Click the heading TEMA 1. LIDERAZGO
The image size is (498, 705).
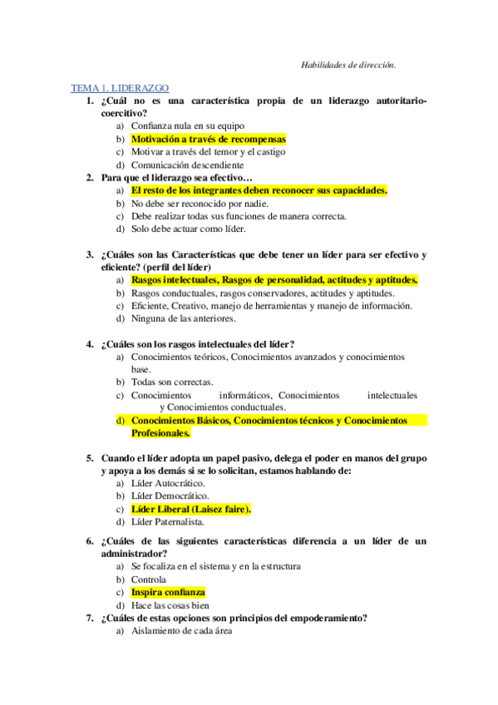pyautogui.click(x=121, y=87)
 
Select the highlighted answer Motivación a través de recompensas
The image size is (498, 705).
pyautogui.click(x=208, y=139)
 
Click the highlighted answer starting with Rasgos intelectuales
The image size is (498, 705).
pyautogui.click(x=274, y=280)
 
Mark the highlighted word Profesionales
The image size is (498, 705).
pyautogui.click(x=161, y=433)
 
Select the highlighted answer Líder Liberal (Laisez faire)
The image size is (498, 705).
pyautogui.click(x=191, y=509)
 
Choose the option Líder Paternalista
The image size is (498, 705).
pyautogui.click(x=168, y=522)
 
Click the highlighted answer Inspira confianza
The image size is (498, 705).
pyautogui.click(x=167, y=592)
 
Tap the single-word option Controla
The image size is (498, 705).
pyautogui.click(x=149, y=579)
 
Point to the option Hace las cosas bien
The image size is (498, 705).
pyautogui.click(x=170, y=605)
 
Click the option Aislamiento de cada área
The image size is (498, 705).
pyautogui.click(x=182, y=631)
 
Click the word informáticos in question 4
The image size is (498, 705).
pyautogui.click(x=245, y=395)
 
